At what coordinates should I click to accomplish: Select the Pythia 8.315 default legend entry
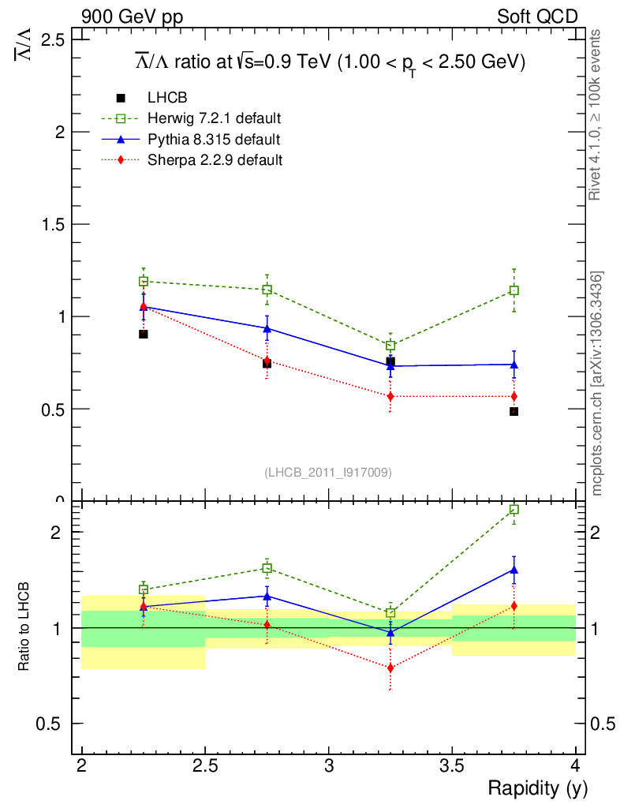(214, 139)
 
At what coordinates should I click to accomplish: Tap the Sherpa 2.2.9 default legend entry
(215, 159)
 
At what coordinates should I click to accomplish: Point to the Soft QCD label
(537, 17)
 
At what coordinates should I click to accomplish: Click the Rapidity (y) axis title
(537, 787)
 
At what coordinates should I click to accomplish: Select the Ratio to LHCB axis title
(24, 627)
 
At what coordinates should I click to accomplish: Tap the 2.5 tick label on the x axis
(205, 766)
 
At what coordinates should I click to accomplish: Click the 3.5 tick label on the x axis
(452, 766)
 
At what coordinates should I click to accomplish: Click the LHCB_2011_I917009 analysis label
(328, 472)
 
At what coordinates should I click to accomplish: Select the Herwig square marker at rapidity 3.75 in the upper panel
(514, 290)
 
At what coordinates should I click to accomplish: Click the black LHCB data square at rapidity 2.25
(144, 334)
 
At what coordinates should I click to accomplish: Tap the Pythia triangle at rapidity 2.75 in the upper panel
(267, 328)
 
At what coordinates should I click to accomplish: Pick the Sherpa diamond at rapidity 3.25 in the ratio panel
(390, 668)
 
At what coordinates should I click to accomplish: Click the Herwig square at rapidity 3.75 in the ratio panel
(514, 509)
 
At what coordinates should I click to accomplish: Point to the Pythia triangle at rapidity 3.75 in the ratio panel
(514, 569)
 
